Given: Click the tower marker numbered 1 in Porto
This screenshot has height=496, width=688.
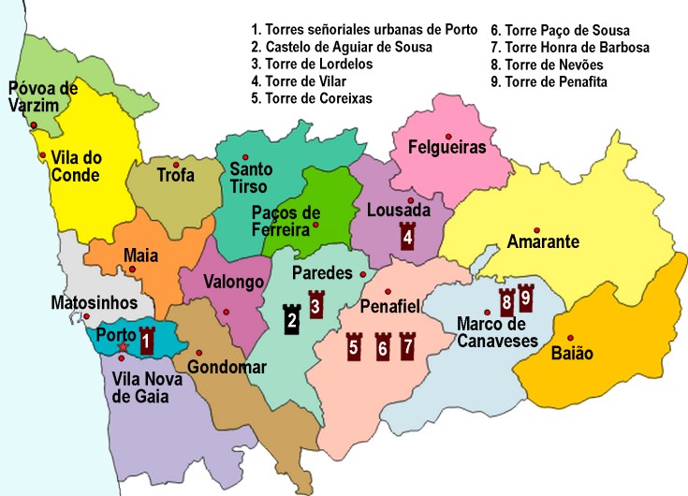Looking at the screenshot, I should click(146, 342).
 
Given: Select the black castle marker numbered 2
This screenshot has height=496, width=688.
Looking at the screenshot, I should click(292, 319).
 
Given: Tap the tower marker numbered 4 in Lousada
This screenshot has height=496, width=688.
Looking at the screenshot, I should click(407, 236).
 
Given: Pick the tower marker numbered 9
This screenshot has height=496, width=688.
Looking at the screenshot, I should click(525, 297).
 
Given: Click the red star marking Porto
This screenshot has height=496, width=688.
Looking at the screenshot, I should click(123, 347).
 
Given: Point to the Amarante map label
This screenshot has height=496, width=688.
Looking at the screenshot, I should click(543, 243).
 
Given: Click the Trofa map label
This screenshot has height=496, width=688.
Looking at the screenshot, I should click(175, 175).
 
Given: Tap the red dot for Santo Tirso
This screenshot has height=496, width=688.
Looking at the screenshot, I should click(245, 156).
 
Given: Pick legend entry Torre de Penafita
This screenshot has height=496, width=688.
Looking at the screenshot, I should click(557, 81).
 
